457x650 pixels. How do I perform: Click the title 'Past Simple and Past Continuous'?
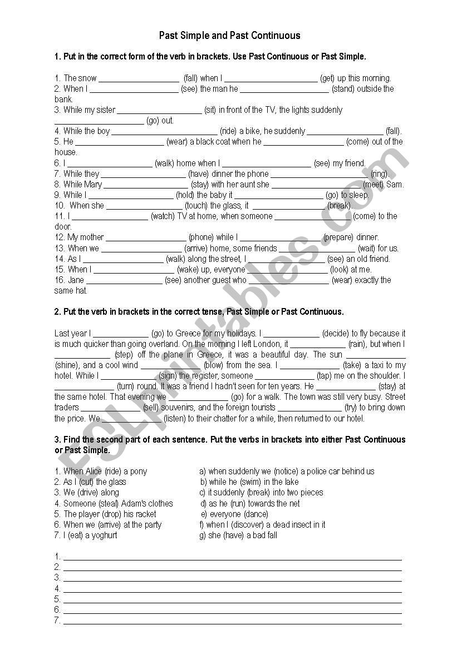click(229, 36)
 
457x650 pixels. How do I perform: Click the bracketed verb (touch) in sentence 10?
click(195, 206)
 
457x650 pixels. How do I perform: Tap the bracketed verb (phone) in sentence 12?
click(201, 237)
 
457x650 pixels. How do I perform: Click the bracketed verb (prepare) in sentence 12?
click(338, 237)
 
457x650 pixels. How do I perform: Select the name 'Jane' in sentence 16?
click(76, 280)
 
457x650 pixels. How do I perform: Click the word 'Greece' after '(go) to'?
click(188, 334)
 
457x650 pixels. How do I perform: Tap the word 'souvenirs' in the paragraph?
click(178, 408)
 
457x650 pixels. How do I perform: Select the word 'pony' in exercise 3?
click(138, 472)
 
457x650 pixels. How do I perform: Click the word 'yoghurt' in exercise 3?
click(101, 535)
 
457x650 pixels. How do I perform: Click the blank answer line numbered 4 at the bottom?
click(232, 589)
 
